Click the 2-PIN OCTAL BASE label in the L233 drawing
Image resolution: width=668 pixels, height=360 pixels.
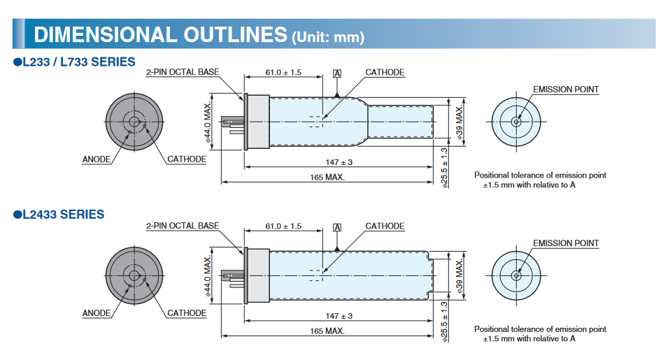[182, 73]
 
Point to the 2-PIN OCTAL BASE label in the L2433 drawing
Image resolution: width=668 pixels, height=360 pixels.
[182, 226]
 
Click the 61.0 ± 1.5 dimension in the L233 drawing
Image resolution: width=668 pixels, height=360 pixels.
[283, 73]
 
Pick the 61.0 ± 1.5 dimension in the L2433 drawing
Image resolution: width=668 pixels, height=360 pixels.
[283, 226]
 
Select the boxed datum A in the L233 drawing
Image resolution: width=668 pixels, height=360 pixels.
[337, 73]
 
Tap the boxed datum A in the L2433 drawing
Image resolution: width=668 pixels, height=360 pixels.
[337, 227]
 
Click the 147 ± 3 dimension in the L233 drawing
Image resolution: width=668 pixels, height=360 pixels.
[339, 162]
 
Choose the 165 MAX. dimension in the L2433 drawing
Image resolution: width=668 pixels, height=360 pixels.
[326, 331]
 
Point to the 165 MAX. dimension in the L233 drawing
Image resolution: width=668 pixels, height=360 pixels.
[326, 178]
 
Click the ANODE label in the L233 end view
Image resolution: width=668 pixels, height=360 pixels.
[97, 159]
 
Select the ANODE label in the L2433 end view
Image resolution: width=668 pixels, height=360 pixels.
[97, 313]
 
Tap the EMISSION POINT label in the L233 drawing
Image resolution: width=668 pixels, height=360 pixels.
[566, 89]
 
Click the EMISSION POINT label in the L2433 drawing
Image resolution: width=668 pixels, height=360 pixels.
[566, 243]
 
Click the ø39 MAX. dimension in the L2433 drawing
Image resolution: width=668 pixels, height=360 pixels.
[460, 277]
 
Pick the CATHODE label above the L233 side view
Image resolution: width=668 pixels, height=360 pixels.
[385, 73]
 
